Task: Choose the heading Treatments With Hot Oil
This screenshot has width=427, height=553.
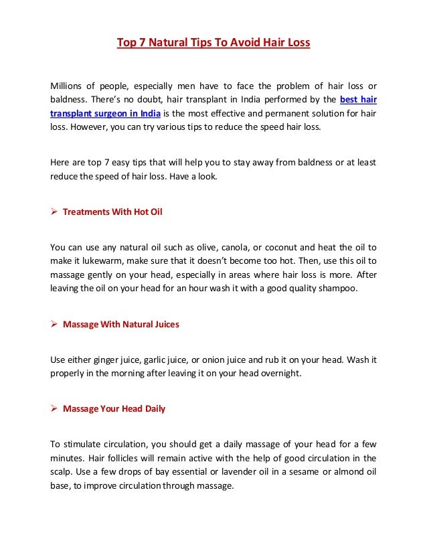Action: coord(112,212)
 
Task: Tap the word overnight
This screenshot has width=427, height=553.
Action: coord(281,374)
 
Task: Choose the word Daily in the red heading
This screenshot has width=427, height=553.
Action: coord(152,408)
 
